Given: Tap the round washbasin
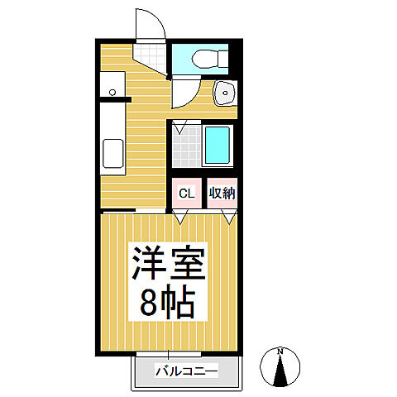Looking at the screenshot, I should [x=223, y=93].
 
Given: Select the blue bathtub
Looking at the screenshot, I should [x=217, y=146].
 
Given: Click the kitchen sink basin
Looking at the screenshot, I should [x=112, y=154].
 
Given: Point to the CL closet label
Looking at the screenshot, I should [x=186, y=194].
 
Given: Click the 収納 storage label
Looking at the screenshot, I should [x=222, y=194].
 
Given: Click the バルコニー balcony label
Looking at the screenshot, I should [x=186, y=372].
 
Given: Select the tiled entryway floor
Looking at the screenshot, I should [x=152, y=59].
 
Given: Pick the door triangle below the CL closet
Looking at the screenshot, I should [x=182, y=218].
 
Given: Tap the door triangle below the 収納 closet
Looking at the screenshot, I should [x=229, y=218].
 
